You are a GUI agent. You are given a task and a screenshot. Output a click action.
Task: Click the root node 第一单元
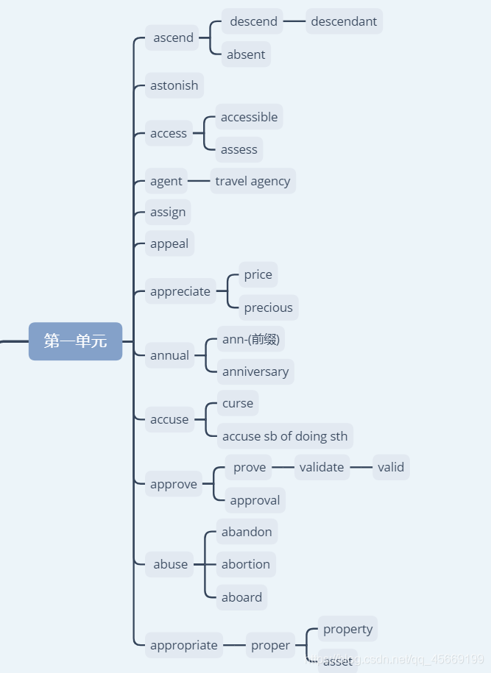click(x=75, y=341)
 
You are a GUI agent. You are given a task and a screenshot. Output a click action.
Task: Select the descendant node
click(x=344, y=21)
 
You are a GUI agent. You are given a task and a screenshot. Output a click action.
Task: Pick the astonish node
click(x=174, y=85)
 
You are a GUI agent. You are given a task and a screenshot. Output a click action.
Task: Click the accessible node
click(x=249, y=117)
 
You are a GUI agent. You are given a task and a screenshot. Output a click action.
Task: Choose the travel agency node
click(x=252, y=181)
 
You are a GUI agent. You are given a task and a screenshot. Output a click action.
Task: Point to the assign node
click(x=168, y=213)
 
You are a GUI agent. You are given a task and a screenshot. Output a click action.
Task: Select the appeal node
click(x=169, y=243)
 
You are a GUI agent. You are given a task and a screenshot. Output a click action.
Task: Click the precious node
click(x=268, y=307)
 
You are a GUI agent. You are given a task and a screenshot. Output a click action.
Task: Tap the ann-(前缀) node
click(x=250, y=340)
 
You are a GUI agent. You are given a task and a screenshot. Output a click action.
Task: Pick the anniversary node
click(x=255, y=371)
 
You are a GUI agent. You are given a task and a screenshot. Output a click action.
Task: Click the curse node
click(x=238, y=403)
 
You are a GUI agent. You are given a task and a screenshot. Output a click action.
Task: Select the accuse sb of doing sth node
click(x=285, y=436)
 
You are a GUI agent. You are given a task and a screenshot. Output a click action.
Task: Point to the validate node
click(x=322, y=467)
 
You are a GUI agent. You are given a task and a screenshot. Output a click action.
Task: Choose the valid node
click(x=391, y=467)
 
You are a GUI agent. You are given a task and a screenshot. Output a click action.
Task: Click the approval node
click(x=255, y=500)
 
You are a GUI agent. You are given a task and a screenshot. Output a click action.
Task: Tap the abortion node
click(x=246, y=564)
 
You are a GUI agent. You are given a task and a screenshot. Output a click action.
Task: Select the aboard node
click(x=241, y=597)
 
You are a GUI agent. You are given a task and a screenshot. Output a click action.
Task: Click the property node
click(x=347, y=629)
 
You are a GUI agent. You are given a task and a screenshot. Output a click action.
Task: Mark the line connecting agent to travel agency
click(x=199, y=181)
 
